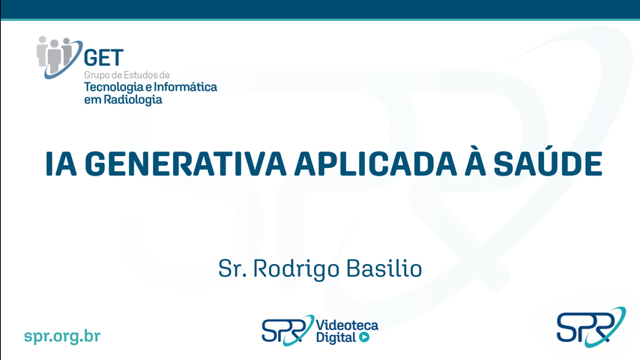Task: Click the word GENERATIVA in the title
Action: coord(186,163)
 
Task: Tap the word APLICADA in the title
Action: coord(375,163)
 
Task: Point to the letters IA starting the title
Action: coord(61,163)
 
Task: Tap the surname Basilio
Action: coord(384,268)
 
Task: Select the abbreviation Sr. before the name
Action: coord(232,269)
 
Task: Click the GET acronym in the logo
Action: coord(103,58)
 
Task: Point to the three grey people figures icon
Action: coord(54,53)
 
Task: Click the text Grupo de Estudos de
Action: coord(127,75)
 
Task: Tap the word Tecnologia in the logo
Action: coord(114,88)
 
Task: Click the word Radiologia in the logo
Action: coord(133,100)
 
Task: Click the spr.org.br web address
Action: coord(62,336)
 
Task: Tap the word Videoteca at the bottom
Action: coord(347,325)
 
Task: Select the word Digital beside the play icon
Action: coord(336,338)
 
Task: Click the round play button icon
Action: coord(364,337)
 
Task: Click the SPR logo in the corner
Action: coord(591,327)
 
